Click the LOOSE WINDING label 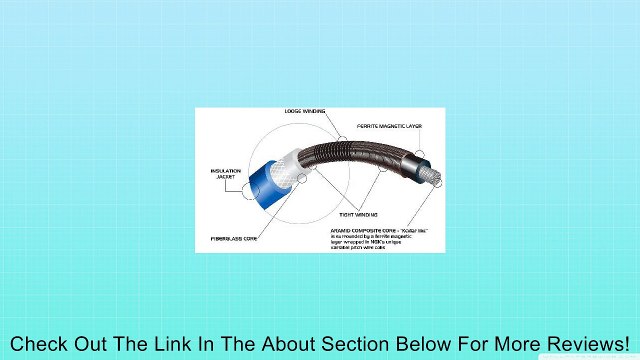pos(305,111)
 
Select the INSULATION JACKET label pos(225,173)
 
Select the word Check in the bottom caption pos(38,342)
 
